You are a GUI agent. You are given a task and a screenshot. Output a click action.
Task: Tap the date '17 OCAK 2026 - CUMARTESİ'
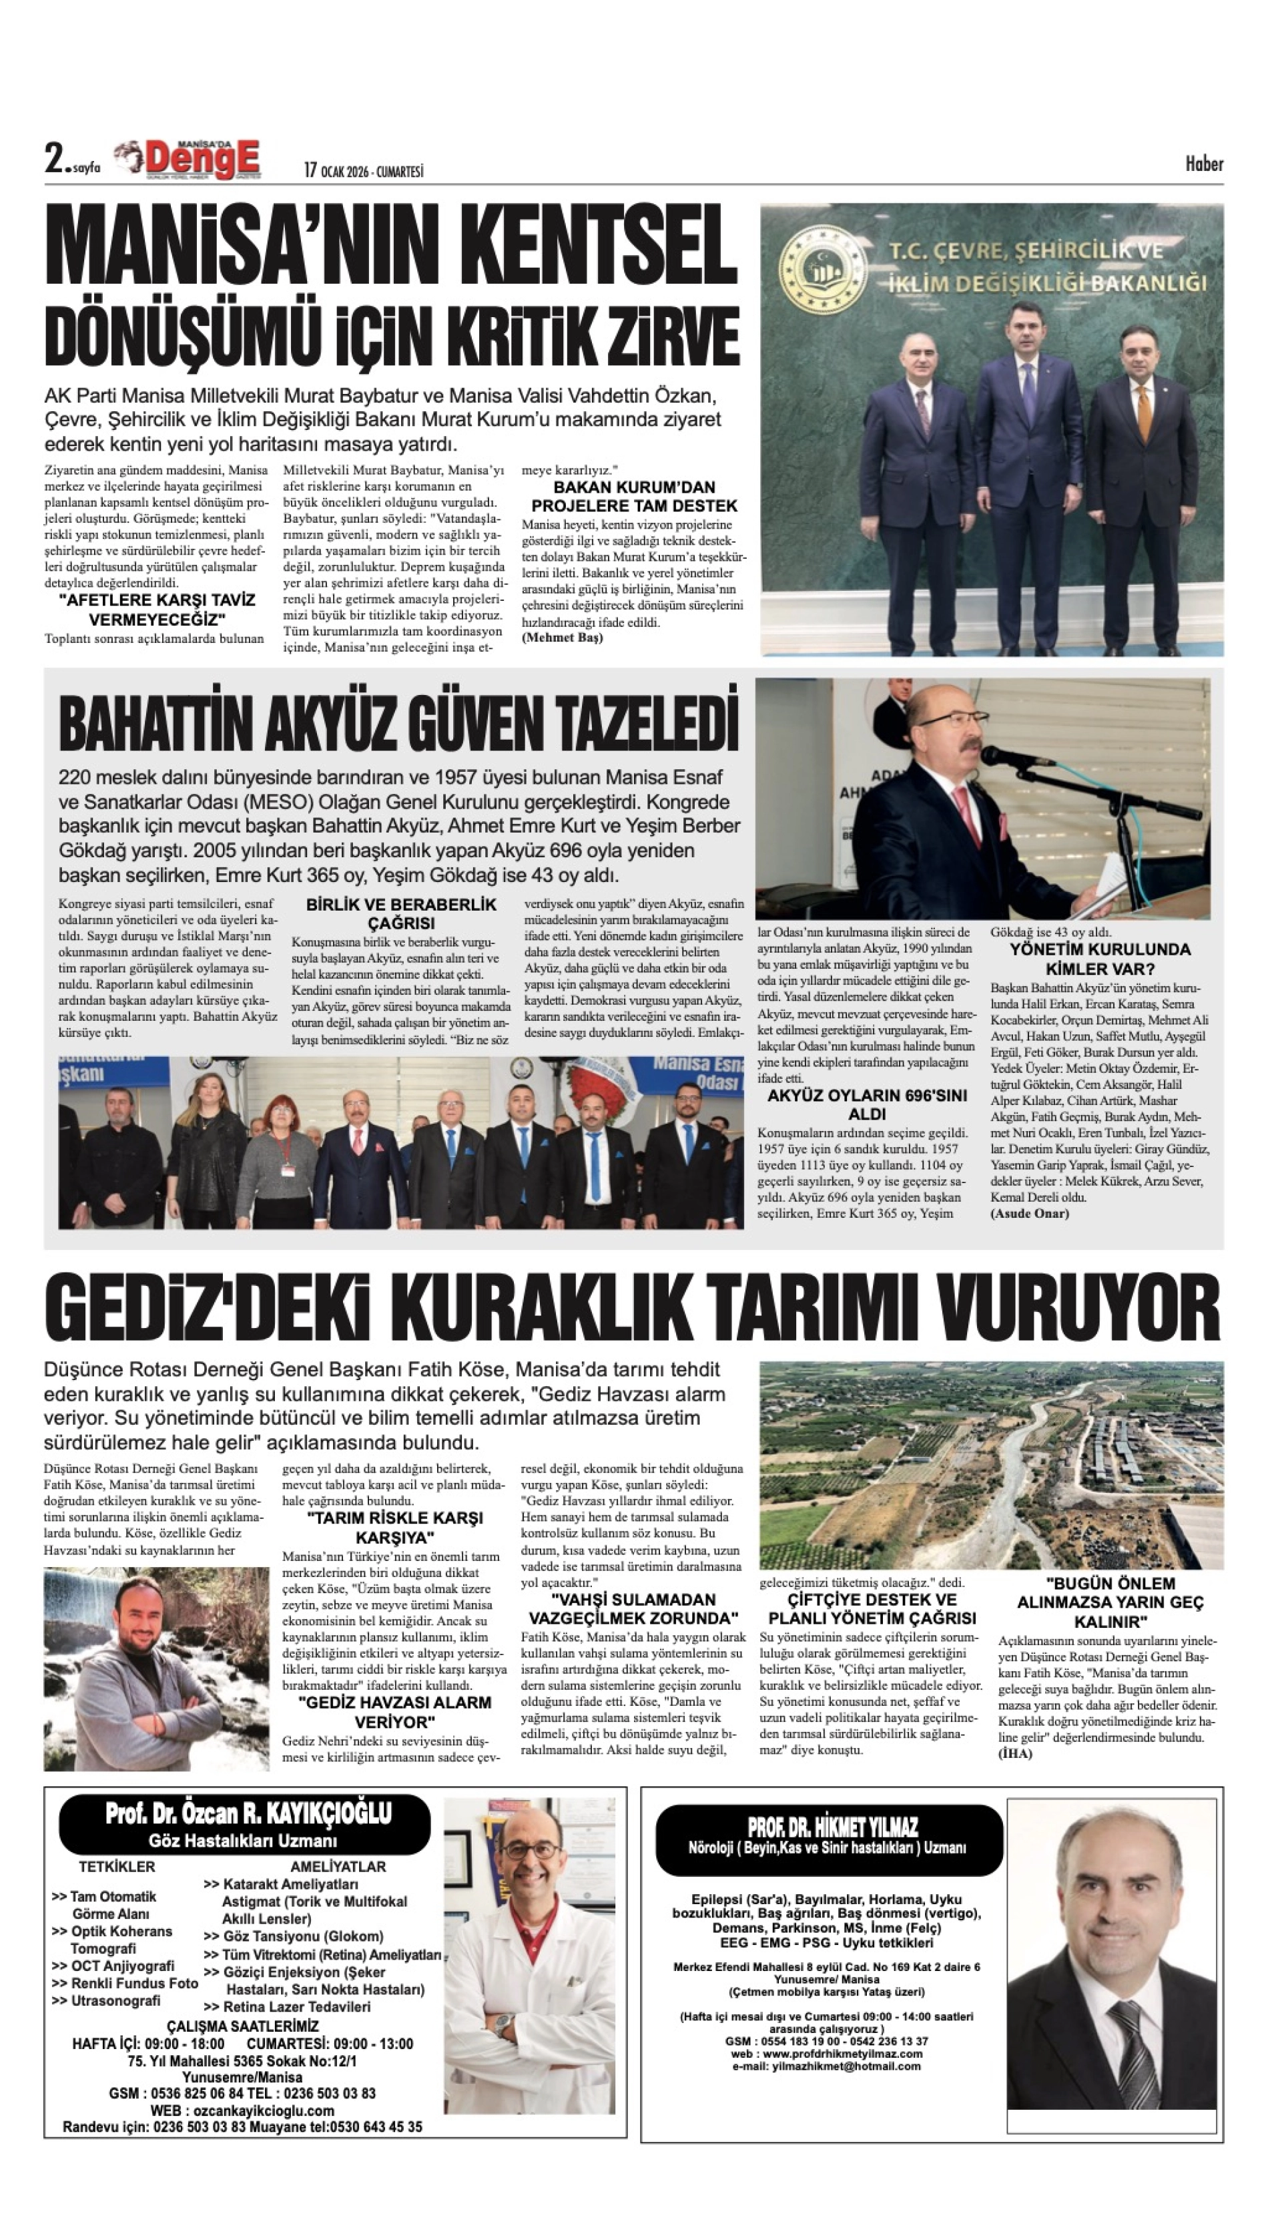(x=363, y=171)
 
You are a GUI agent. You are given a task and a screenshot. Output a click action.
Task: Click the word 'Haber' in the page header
(x=1203, y=164)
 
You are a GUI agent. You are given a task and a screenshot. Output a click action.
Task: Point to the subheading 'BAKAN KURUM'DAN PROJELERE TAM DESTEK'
(x=634, y=497)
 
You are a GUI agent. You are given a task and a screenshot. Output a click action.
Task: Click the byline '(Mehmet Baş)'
(x=563, y=637)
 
